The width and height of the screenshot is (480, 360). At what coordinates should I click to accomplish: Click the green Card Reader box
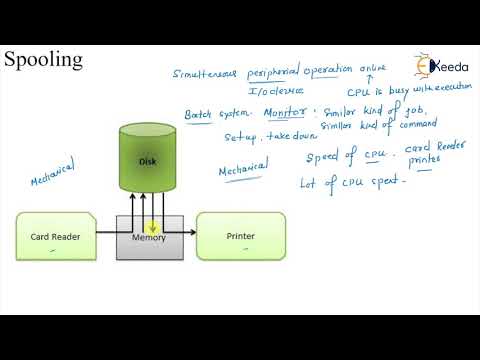coord(56,236)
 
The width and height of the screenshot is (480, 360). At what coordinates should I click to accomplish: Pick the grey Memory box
coord(149,239)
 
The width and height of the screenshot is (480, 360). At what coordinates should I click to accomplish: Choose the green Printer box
coord(233,236)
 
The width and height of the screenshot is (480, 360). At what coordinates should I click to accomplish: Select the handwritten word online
coord(372,68)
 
